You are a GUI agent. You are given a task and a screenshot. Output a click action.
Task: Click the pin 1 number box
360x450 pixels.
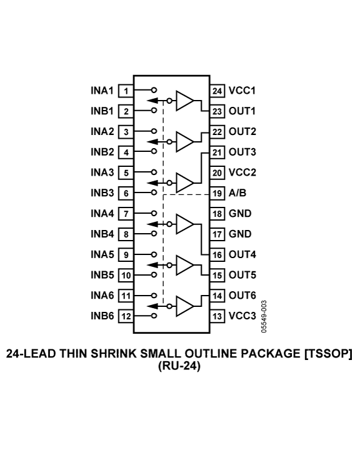click(126, 91)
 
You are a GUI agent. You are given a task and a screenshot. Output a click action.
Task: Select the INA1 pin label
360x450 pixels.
click(102, 91)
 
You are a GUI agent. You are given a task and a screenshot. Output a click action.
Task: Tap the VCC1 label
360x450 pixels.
click(242, 91)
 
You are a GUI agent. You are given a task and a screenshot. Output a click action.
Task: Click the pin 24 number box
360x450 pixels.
click(217, 91)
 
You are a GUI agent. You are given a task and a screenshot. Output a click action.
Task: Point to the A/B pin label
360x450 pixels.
click(237, 193)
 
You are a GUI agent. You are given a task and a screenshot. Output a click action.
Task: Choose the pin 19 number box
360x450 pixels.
click(217, 193)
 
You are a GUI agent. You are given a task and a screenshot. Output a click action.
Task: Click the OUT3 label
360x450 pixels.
click(242, 152)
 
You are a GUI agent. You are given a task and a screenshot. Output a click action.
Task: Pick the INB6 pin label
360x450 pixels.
click(102, 316)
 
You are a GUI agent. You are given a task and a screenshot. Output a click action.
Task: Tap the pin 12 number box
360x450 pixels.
click(126, 316)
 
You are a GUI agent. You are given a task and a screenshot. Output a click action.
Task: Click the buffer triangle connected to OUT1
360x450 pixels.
click(184, 101)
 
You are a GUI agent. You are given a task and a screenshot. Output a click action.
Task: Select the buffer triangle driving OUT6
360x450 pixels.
click(184, 306)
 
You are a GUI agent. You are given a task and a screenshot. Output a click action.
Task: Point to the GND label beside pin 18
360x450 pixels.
click(240, 214)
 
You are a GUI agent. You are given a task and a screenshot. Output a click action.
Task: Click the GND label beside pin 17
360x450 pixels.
click(240, 234)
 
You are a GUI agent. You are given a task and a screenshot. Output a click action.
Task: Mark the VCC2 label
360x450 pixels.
click(242, 172)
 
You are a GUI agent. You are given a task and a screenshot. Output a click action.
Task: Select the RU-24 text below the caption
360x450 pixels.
click(179, 366)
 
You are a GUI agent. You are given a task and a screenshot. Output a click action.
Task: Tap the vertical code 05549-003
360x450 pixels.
click(264, 316)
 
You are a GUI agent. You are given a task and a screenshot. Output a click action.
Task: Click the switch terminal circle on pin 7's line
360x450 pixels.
click(154, 213)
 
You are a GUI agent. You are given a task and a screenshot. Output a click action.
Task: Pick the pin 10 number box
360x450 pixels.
click(126, 275)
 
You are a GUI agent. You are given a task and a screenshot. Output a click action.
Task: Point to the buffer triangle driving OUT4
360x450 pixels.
click(184, 224)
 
